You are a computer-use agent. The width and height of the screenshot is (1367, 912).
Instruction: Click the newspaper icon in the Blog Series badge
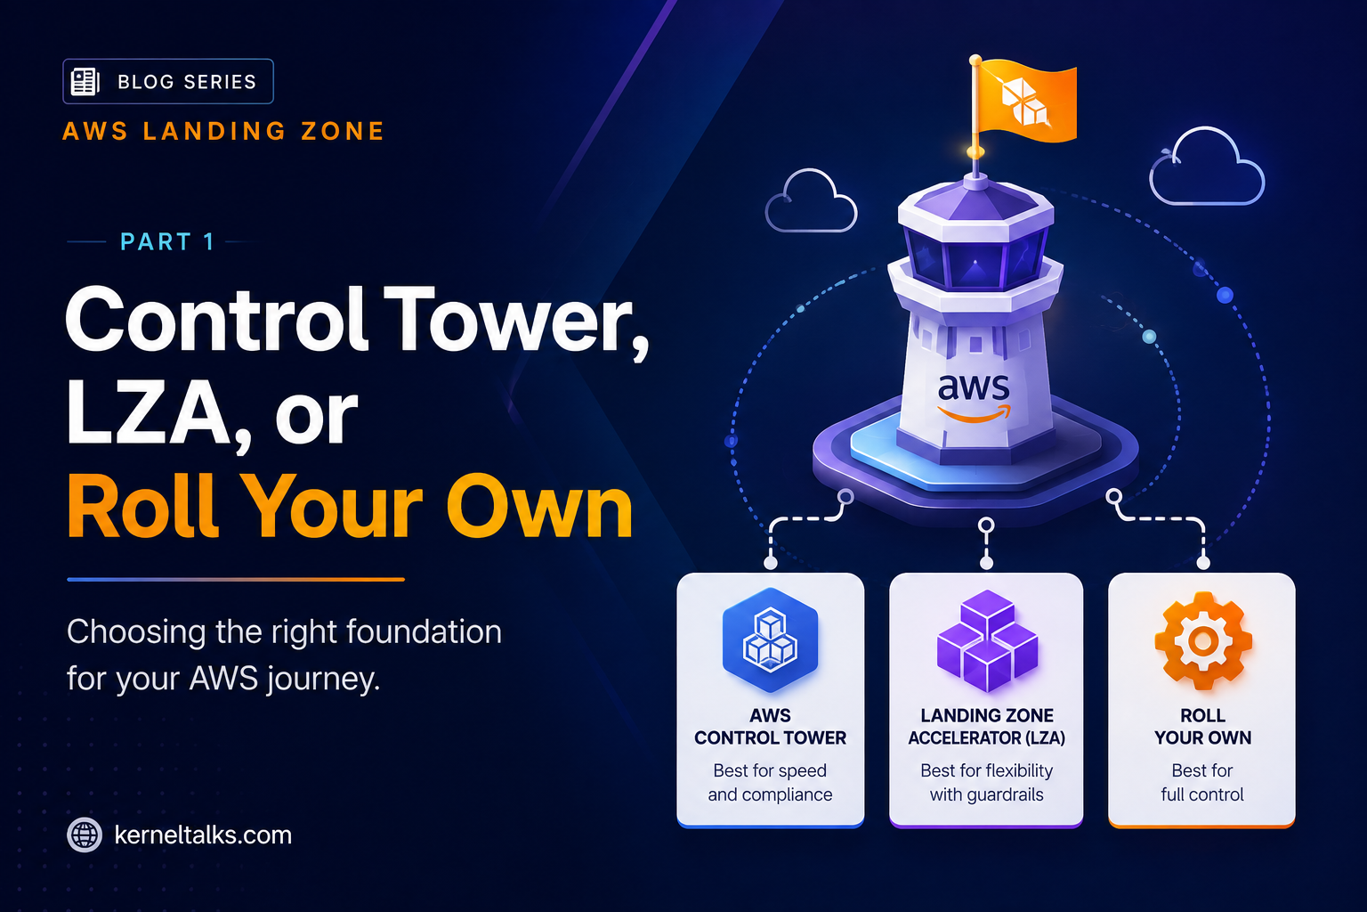pos(85,82)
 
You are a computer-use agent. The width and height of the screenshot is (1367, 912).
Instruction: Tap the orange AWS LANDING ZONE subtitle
pos(223,131)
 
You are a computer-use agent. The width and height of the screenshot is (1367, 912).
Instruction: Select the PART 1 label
pos(166,242)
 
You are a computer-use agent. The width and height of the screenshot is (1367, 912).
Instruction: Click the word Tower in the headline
pos(516,321)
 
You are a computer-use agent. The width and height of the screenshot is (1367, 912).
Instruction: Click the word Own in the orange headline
pos(539,507)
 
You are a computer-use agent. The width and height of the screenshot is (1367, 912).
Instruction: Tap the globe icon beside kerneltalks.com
pos(85,835)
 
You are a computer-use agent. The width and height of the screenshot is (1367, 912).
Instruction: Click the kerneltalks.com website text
pos(203,835)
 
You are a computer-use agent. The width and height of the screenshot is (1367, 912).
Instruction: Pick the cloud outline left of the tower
pos(811,201)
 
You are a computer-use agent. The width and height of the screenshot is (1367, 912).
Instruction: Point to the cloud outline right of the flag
pos(1207,167)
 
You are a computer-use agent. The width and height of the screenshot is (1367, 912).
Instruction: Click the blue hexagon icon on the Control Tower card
pos(770,639)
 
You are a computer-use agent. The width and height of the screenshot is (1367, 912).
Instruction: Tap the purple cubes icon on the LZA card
pos(987,640)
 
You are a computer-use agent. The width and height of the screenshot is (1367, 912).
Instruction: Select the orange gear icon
pos(1203,640)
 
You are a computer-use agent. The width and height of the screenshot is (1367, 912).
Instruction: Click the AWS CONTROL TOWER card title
pos(770,726)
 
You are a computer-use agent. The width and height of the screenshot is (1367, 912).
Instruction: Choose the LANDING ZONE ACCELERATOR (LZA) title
pos(987,726)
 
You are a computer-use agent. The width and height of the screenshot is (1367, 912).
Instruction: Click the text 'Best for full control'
pos(1202,783)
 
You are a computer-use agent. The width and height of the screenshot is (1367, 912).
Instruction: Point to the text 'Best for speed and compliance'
pos(770,783)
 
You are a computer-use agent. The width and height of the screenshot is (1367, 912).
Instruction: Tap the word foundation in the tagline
pos(425,631)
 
